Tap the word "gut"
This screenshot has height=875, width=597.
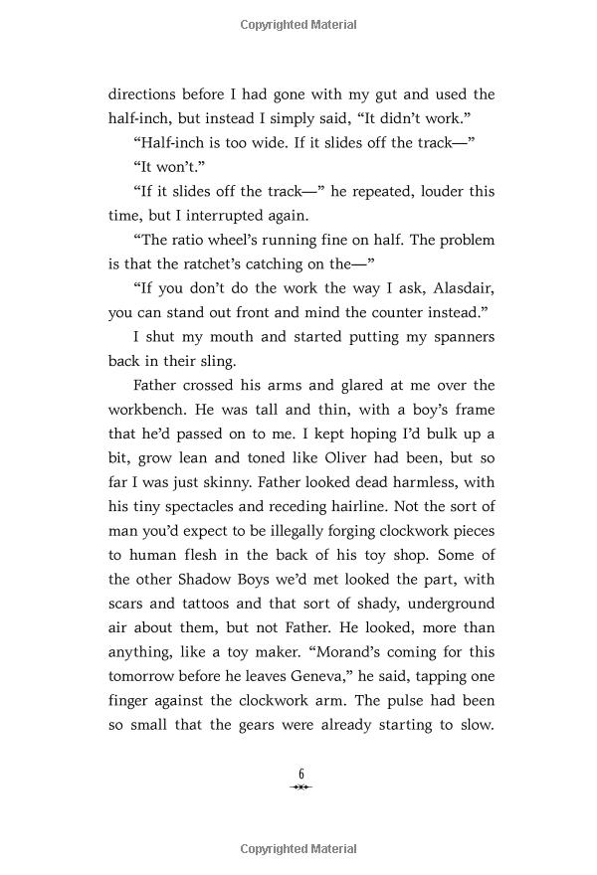(372, 94)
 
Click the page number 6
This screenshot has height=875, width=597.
(300, 774)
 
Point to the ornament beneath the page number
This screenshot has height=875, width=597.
(300, 787)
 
